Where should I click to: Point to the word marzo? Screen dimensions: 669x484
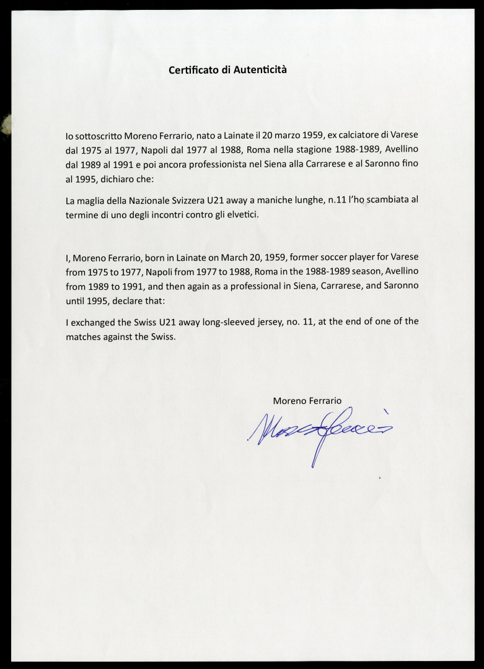point(281,135)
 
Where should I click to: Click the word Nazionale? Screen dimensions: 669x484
point(149,200)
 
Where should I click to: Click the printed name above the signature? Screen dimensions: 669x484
point(307,401)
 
